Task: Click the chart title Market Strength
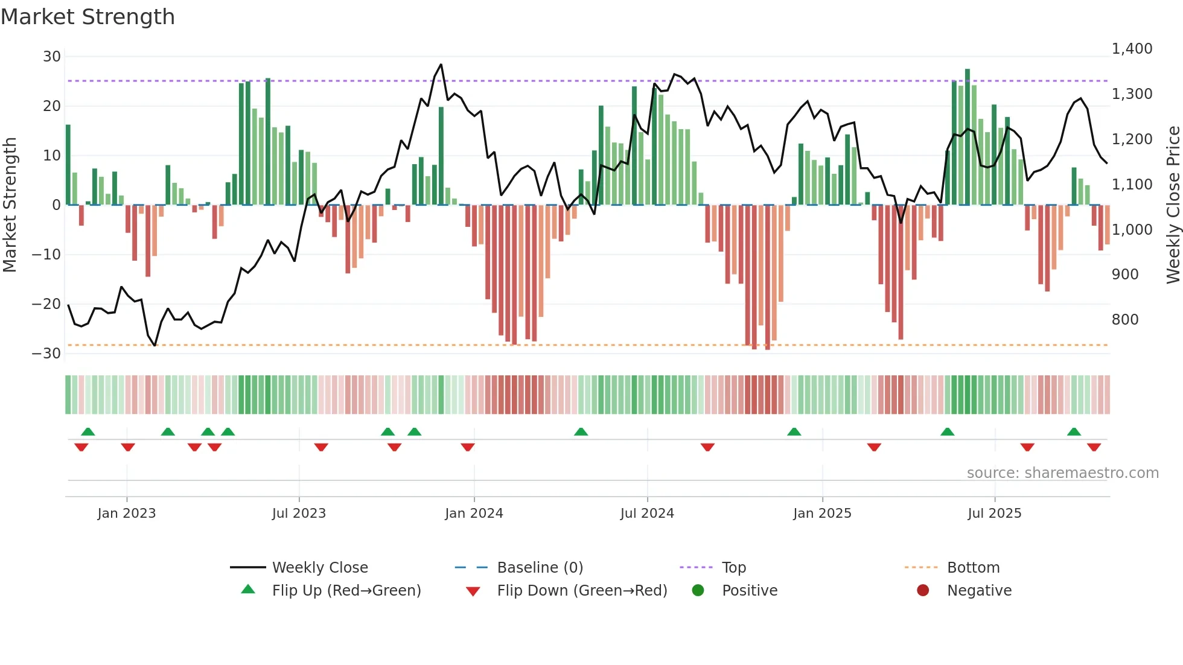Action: [x=88, y=17]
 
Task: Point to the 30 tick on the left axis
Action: [x=52, y=57]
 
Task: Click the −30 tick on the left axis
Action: [x=47, y=354]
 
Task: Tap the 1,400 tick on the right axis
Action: [x=1132, y=49]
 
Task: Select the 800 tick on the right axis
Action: [x=1125, y=320]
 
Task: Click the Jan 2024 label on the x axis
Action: [x=474, y=514]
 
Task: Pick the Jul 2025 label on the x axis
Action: [x=994, y=514]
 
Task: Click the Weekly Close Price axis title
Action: [x=1173, y=205]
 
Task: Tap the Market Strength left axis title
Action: [x=10, y=205]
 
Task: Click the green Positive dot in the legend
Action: [x=698, y=591]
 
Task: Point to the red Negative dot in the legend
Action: [x=923, y=591]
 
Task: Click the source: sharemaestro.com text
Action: [x=1062, y=473]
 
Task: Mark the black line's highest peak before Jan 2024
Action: [x=441, y=65]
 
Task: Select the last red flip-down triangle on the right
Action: [x=1094, y=447]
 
